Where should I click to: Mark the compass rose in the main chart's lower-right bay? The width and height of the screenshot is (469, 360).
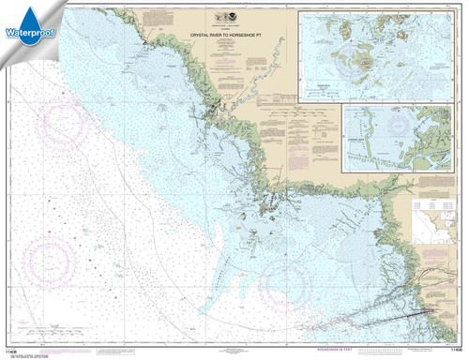click(290, 277)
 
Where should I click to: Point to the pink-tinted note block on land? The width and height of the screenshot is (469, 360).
click(301, 118)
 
